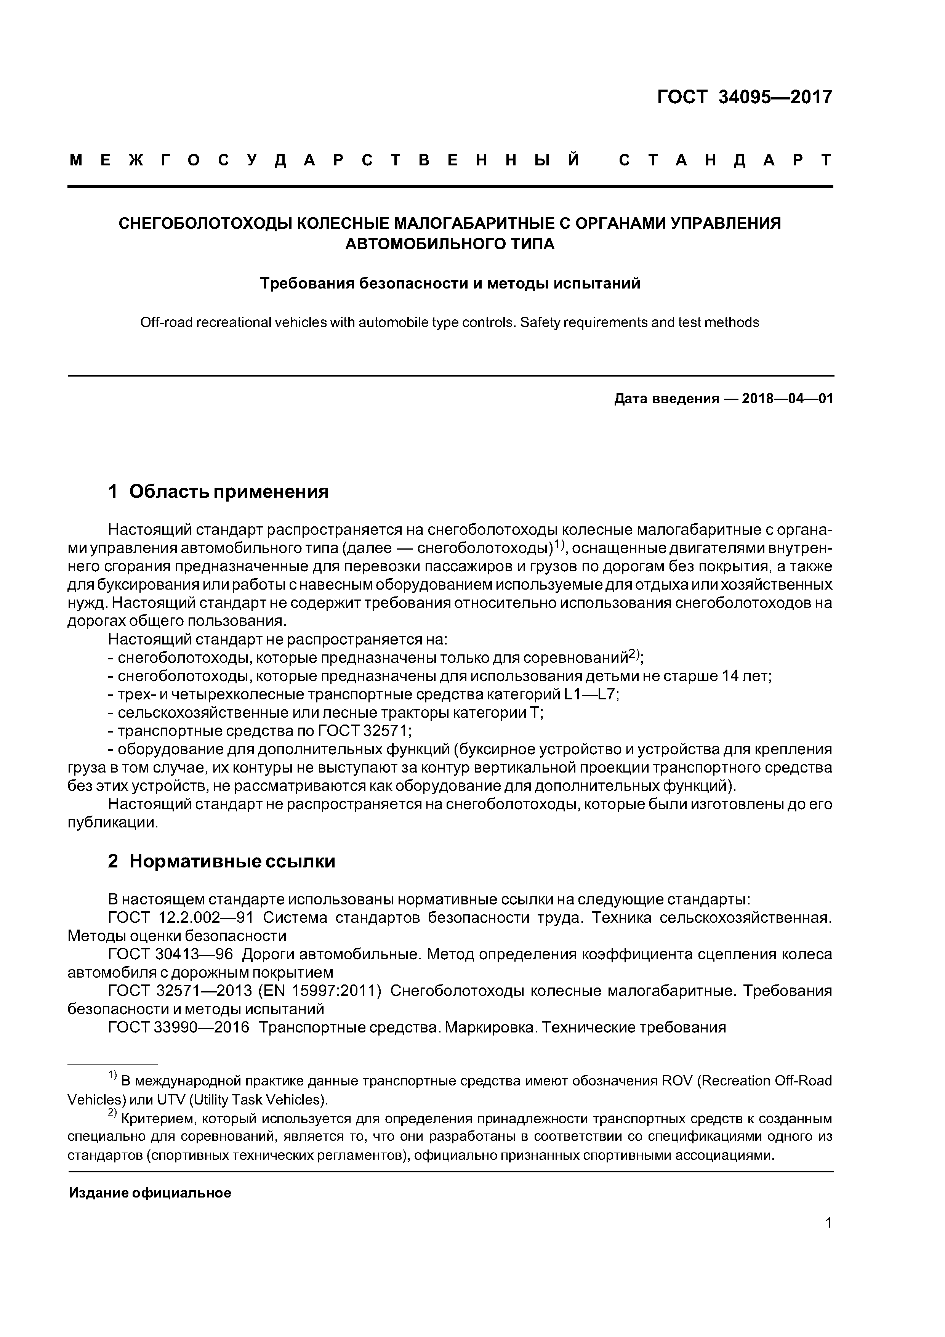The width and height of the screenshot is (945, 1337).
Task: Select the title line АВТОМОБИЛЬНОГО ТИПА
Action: [450, 244]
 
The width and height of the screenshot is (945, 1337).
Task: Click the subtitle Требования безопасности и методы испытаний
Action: [450, 284]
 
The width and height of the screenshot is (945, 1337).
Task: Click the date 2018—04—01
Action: [787, 399]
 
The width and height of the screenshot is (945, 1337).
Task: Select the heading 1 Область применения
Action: [218, 492]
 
